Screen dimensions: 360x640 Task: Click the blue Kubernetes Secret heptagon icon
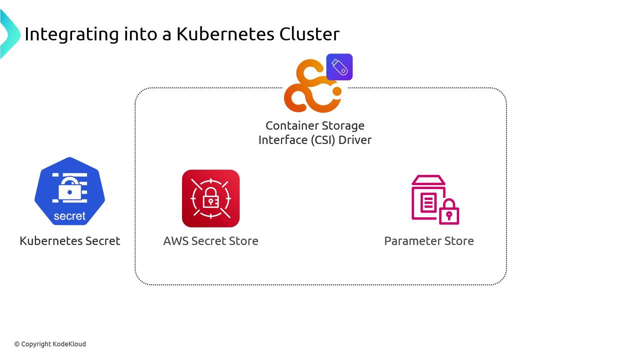(69, 190)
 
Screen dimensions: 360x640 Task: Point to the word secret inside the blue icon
(69, 216)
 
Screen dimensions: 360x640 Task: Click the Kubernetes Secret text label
(69, 240)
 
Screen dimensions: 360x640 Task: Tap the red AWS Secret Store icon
(210, 198)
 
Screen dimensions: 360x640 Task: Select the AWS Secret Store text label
(210, 240)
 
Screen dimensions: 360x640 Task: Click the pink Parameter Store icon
(434, 199)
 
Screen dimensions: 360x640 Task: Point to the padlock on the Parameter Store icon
(449, 212)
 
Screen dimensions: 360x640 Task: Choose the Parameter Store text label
(428, 240)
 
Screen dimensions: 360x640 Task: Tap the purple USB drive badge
(339, 67)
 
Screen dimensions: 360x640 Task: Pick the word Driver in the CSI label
(355, 140)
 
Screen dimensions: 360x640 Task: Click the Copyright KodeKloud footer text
(50, 344)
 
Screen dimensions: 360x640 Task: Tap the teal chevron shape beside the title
(9, 34)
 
